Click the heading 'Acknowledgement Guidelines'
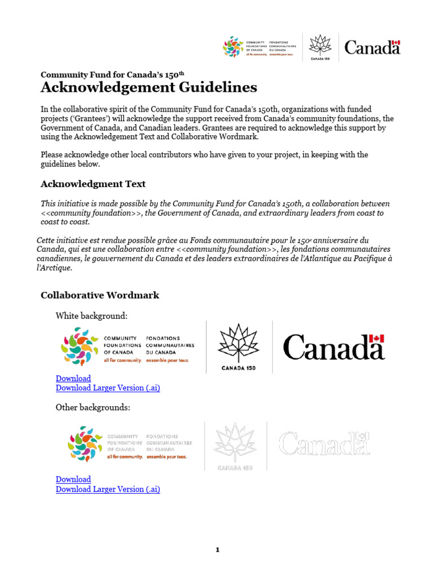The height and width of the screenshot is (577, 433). point(149,87)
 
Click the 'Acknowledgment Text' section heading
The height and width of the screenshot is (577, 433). point(93,184)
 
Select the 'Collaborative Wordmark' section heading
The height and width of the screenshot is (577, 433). point(100,295)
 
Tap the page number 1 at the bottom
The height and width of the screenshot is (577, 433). point(217,551)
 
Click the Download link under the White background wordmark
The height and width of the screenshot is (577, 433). point(73,378)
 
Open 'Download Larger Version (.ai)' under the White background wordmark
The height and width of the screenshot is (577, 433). point(108,388)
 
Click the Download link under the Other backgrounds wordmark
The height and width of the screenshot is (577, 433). point(73,479)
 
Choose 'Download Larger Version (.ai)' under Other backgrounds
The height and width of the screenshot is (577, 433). point(108,489)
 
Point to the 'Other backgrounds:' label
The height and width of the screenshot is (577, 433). point(92,407)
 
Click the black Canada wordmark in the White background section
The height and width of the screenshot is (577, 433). point(333,347)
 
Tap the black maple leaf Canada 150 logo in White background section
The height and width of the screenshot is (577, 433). point(238,347)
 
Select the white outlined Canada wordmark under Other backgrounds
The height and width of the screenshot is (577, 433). point(324,444)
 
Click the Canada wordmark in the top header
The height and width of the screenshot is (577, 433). point(372,47)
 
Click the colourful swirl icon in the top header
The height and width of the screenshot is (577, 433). point(233,47)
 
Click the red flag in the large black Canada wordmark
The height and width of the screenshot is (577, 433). point(377,338)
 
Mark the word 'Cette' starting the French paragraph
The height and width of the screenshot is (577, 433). point(47,240)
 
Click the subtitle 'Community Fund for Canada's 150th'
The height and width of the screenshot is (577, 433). point(113,74)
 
